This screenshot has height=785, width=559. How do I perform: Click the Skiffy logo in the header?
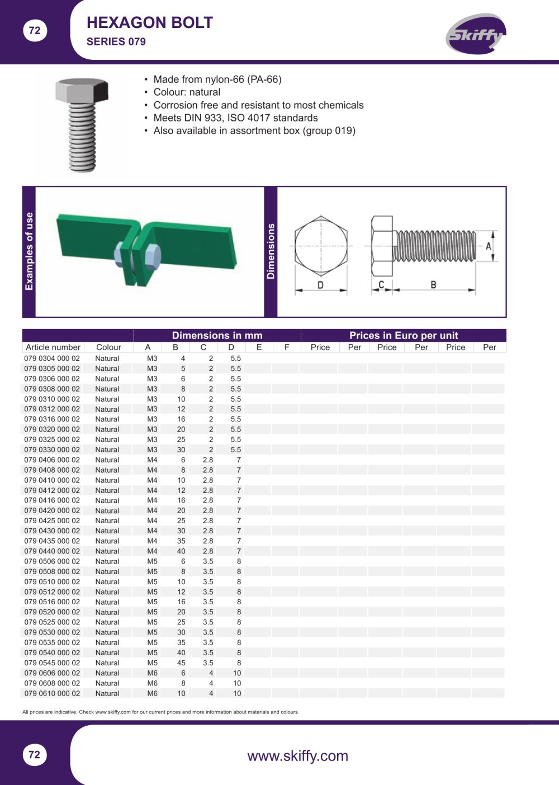pos(476,34)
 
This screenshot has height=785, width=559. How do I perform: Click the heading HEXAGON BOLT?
pos(150,23)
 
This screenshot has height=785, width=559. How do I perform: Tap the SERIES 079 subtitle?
pos(116,42)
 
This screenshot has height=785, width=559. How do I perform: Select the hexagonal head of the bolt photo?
pos(82,90)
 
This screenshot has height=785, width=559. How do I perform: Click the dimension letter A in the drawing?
pos(489,246)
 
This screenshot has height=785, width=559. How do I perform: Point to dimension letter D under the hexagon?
pos(320,285)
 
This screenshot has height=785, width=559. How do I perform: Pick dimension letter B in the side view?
pos(433,285)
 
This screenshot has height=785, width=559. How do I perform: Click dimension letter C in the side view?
pos(382,285)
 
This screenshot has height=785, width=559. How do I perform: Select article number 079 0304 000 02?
pos(52,358)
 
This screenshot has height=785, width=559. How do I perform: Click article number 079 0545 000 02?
pos(52,662)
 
